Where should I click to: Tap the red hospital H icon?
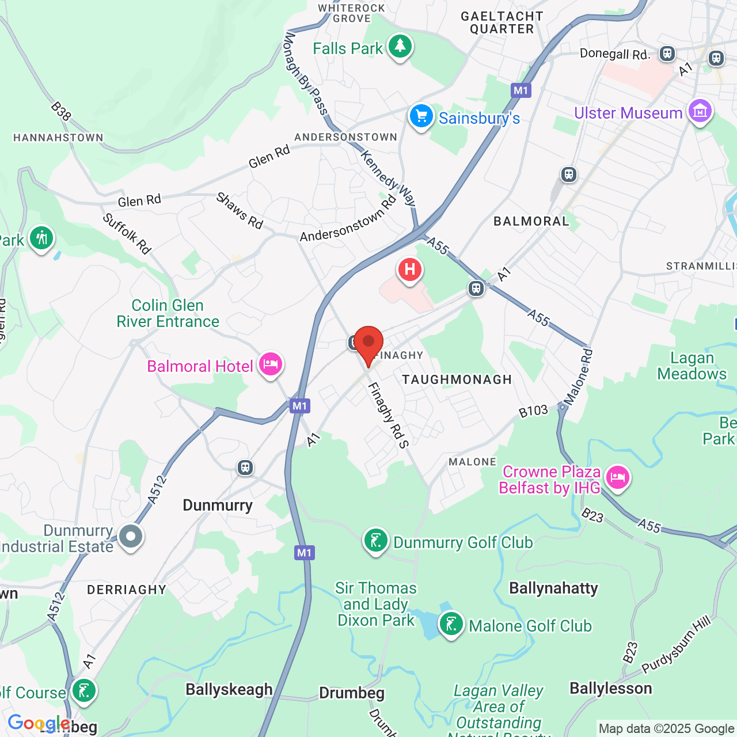click(409, 269)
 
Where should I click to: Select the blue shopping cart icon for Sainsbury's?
click(421, 116)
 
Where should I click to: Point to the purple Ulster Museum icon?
click(700, 111)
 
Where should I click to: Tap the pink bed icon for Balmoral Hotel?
click(270, 364)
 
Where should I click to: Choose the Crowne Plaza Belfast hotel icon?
click(617, 477)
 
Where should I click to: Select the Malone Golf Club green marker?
click(451, 624)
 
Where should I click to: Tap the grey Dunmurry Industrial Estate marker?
click(131, 537)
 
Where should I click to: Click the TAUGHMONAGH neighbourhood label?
click(457, 379)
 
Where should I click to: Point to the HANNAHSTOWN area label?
click(58, 138)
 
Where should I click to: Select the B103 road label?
click(533, 411)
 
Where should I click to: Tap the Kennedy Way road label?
click(388, 178)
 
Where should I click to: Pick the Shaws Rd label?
click(240, 211)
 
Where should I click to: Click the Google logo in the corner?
click(38, 723)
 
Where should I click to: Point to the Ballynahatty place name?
click(553, 588)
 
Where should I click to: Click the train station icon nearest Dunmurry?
click(245, 467)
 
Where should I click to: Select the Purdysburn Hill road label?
click(677, 644)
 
